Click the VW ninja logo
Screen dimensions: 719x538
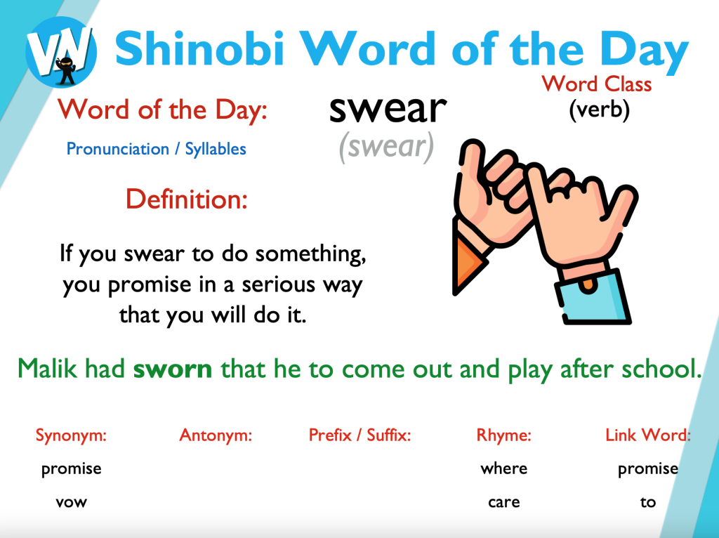pyautogui.click(x=61, y=51)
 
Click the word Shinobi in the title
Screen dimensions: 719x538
pyautogui.click(x=199, y=48)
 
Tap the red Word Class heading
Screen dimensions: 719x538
pyautogui.click(x=597, y=84)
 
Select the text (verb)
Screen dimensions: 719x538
pyautogui.click(x=600, y=110)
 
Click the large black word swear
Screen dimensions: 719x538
pyautogui.click(x=388, y=109)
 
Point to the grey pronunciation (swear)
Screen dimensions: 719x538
pyautogui.click(x=386, y=146)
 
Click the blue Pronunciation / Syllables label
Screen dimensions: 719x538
pyautogui.click(x=157, y=149)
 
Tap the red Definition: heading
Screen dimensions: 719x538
pyautogui.click(x=187, y=199)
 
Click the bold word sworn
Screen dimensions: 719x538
pyautogui.click(x=173, y=369)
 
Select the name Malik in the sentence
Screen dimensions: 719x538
pyautogui.click(x=47, y=368)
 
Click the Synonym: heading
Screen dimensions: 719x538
pyautogui.click(x=71, y=435)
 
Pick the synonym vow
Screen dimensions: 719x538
pyautogui.click(x=71, y=502)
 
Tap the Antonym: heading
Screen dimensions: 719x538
pyautogui.click(x=216, y=435)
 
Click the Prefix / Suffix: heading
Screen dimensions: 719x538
pyautogui.click(x=359, y=435)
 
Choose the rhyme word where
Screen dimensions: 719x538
pyautogui.click(x=504, y=468)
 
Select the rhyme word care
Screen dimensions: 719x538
pyautogui.click(x=504, y=502)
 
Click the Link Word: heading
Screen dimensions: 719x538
pyautogui.click(x=648, y=435)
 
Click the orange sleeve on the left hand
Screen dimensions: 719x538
pyautogui.click(x=468, y=257)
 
